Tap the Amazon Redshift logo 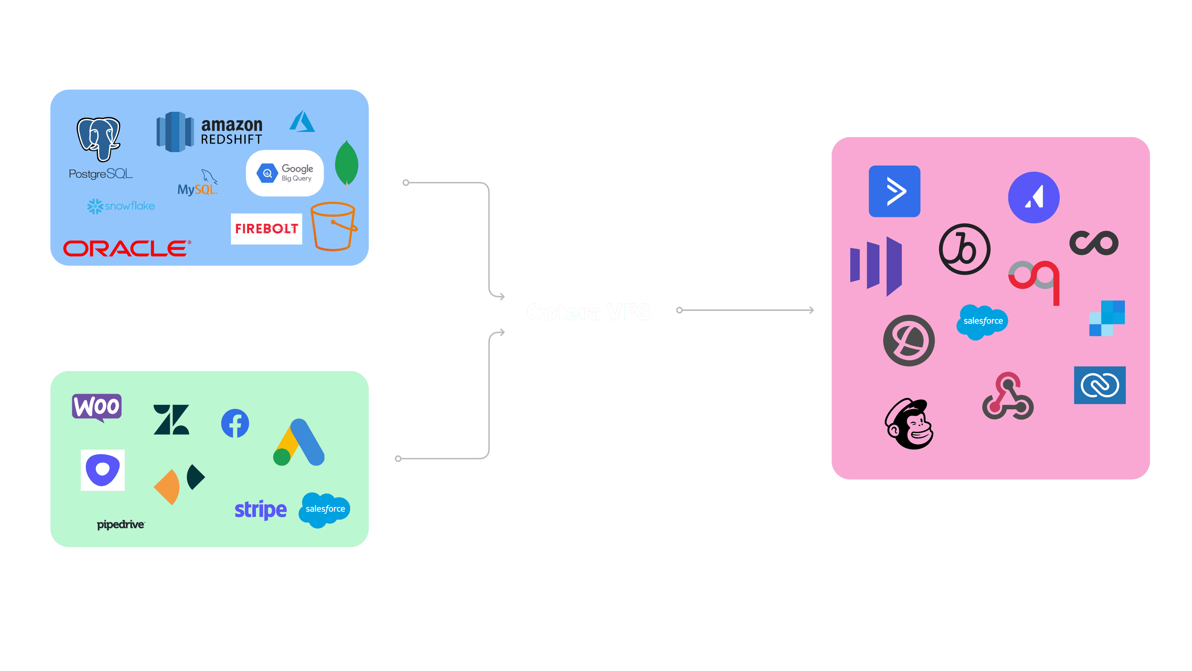coord(209,132)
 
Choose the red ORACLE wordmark coord(126,248)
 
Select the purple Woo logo coord(97,407)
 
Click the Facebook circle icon coord(235,423)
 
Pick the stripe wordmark coord(260,510)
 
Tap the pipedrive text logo coord(121,524)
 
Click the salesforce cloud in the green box coord(325,509)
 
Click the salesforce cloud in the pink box coord(982,321)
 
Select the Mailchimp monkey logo coord(909,424)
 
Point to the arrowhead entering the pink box coord(812,310)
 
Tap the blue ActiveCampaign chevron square coord(894,191)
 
